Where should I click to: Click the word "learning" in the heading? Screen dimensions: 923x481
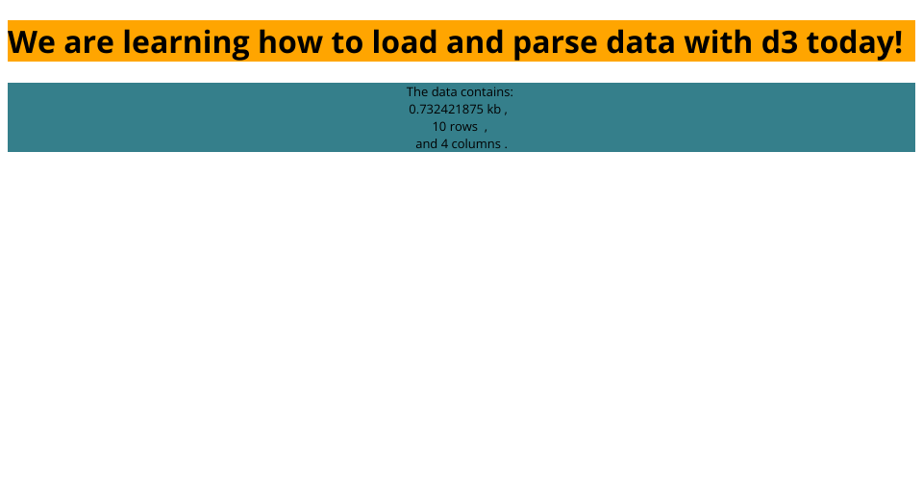point(186,42)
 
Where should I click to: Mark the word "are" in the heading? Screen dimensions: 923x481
point(88,45)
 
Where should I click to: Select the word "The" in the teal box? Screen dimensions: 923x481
point(417,91)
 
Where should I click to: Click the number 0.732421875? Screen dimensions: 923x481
point(446,109)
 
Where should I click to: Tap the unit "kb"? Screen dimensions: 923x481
point(494,109)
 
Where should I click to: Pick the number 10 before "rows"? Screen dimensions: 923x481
point(439,127)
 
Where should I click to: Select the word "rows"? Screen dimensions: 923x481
point(463,127)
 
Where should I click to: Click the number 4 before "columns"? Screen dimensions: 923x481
point(444,143)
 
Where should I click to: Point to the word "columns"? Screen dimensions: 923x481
point(476,143)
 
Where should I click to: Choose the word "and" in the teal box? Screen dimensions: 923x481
point(426,143)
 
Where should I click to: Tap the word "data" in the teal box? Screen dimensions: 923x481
point(444,91)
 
